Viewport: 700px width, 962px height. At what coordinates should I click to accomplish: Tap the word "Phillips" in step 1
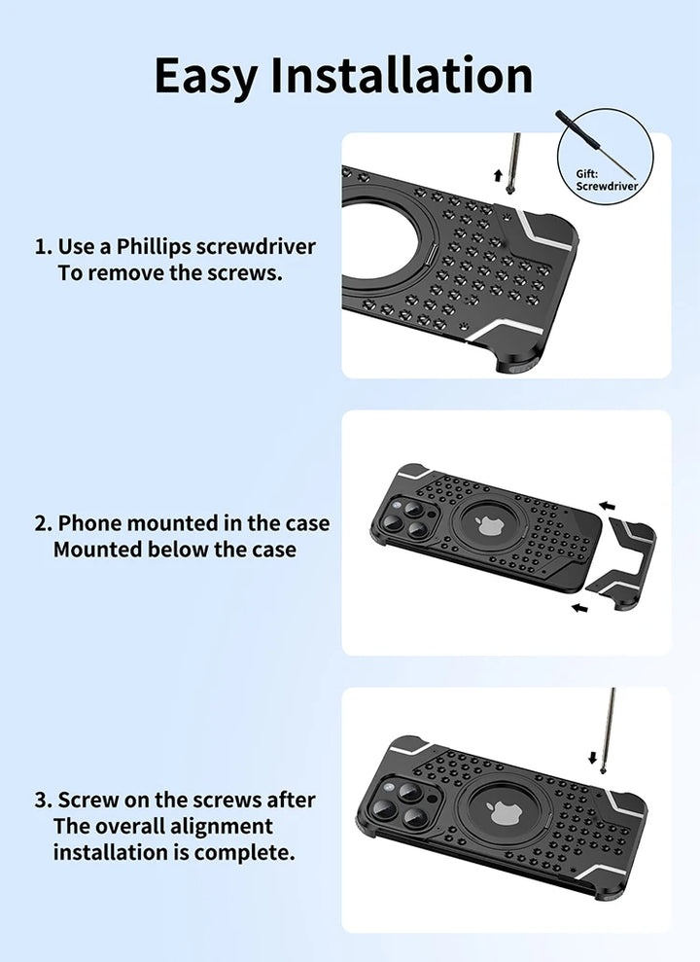tap(154, 247)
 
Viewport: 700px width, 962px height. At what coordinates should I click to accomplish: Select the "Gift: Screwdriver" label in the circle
tap(607, 180)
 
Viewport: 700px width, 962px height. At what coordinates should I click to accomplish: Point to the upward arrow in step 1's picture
tap(498, 175)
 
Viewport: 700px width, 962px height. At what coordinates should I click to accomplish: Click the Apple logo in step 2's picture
tap(488, 526)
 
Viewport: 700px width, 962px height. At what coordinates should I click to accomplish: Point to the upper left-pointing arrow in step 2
tap(607, 506)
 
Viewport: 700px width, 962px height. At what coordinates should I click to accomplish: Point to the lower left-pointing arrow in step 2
tap(579, 608)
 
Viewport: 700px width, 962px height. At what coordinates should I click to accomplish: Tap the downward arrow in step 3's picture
tap(592, 758)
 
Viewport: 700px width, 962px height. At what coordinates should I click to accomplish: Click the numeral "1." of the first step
tap(44, 247)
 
